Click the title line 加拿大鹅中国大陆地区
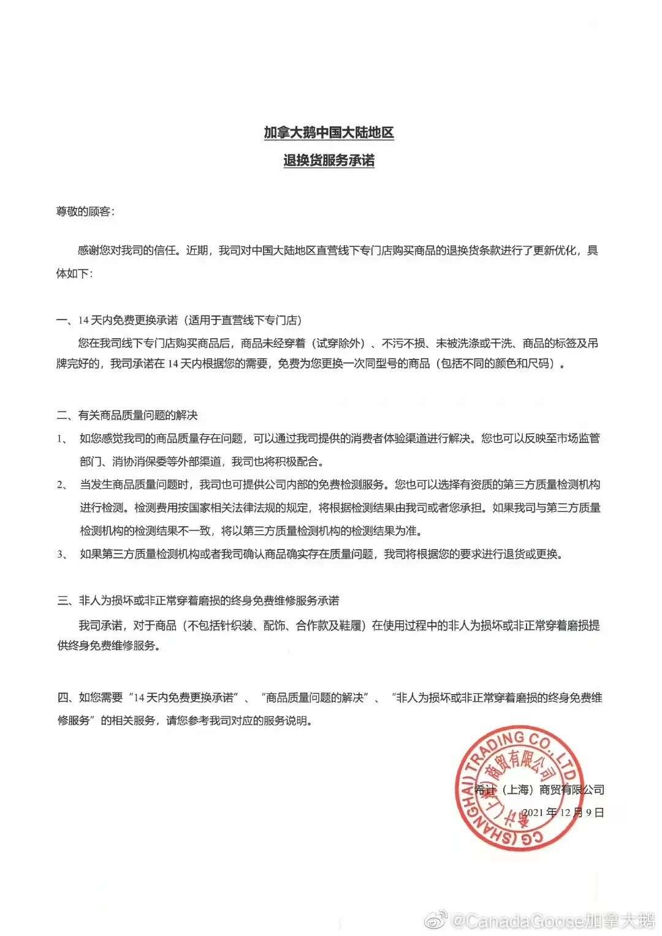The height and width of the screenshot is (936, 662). [x=329, y=132]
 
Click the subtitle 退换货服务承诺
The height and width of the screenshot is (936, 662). [x=329, y=160]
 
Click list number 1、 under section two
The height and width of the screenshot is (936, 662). [x=63, y=439]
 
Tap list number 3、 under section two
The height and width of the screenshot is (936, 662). [x=63, y=555]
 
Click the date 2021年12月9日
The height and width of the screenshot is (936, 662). [x=563, y=813]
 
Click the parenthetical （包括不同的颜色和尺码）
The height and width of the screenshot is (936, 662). [x=497, y=364]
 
